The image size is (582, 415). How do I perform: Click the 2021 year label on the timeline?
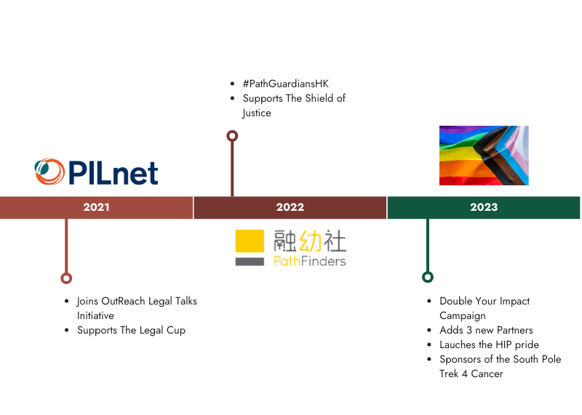[96, 208]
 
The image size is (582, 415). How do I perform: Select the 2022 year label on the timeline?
[290, 208]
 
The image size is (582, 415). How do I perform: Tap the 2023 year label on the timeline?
[484, 208]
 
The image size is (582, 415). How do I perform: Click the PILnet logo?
[97, 172]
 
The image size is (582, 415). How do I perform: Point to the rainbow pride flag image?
[483, 156]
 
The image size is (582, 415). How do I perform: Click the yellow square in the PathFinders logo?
[249, 241]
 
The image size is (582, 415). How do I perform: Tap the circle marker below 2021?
[66, 278]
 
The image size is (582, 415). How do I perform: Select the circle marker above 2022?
[232, 136]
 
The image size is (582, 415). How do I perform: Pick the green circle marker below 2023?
[428, 277]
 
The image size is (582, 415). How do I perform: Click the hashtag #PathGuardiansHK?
[285, 84]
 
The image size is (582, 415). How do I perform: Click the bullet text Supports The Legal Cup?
[131, 330]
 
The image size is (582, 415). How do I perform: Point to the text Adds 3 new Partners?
[486, 330]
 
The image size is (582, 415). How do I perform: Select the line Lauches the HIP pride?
[489, 345]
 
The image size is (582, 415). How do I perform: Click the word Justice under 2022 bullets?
[257, 113]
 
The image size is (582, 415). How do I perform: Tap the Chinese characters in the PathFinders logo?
[310, 241]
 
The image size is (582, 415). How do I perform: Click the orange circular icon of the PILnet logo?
[48, 172]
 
